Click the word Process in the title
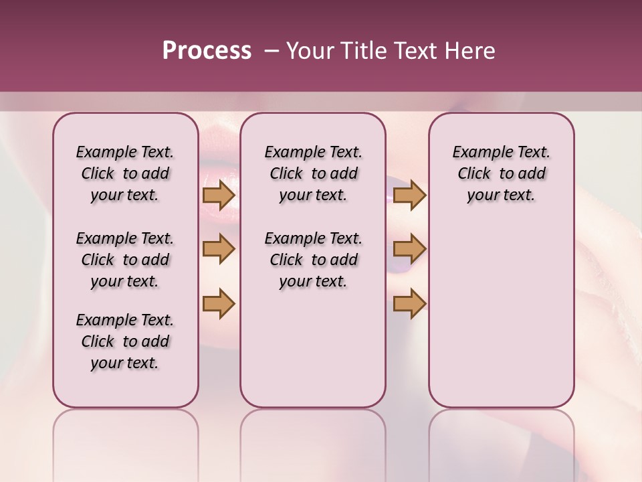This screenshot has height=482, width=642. [207, 50]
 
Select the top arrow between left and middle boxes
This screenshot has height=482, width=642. [219, 195]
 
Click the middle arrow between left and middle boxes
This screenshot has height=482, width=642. [219, 249]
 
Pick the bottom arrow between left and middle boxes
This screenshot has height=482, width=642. [219, 303]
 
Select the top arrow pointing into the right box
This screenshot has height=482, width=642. [409, 195]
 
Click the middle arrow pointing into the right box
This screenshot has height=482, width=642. [409, 249]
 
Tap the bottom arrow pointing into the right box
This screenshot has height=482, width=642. [409, 303]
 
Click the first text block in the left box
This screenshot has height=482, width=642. [125, 173]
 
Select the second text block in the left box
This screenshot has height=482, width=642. [125, 260]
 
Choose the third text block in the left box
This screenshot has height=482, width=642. [125, 341]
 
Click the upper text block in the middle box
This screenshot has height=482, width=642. [313, 173]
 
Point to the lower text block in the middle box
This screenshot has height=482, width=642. [313, 260]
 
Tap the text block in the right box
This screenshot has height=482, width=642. [501, 173]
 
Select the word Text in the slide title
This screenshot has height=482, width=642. [416, 51]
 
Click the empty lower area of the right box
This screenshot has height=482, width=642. [501, 308]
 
